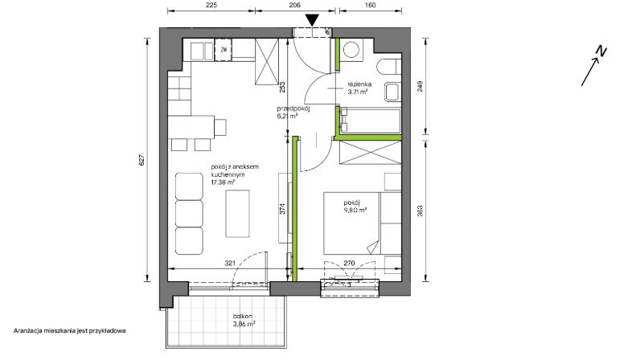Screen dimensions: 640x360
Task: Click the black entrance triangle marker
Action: [x=312, y=20]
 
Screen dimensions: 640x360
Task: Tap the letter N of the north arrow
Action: [x=601, y=51]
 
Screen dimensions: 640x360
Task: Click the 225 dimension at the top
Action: [x=211, y=5]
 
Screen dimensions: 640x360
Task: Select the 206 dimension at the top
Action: [x=295, y=5]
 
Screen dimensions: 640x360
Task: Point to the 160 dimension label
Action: [x=370, y=5]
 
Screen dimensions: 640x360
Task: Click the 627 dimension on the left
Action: [x=142, y=160]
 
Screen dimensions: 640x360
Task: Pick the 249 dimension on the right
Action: [x=421, y=86]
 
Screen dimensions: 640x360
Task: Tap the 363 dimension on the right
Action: [x=421, y=211]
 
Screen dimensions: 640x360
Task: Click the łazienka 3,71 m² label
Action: [x=359, y=88]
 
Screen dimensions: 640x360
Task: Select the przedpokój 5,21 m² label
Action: [x=293, y=112]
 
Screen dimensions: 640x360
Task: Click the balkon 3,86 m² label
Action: [x=244, y=321]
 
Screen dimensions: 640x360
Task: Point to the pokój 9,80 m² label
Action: [x=355, y=207]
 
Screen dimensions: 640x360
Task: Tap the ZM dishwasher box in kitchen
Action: [x=224, y=50]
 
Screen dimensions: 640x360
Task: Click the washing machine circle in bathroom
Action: [x=351, y=50]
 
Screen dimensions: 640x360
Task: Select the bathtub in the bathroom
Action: [x=371, y=121]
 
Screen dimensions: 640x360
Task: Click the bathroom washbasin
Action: [x=393, y=92]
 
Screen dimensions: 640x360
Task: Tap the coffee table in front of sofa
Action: [x=237, y=214]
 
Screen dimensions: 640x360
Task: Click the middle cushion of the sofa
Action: [x=190, y=213]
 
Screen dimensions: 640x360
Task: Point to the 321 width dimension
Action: [x=230, y=264]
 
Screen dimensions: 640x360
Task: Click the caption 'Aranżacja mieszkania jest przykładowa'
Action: [x=70, y=330]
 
